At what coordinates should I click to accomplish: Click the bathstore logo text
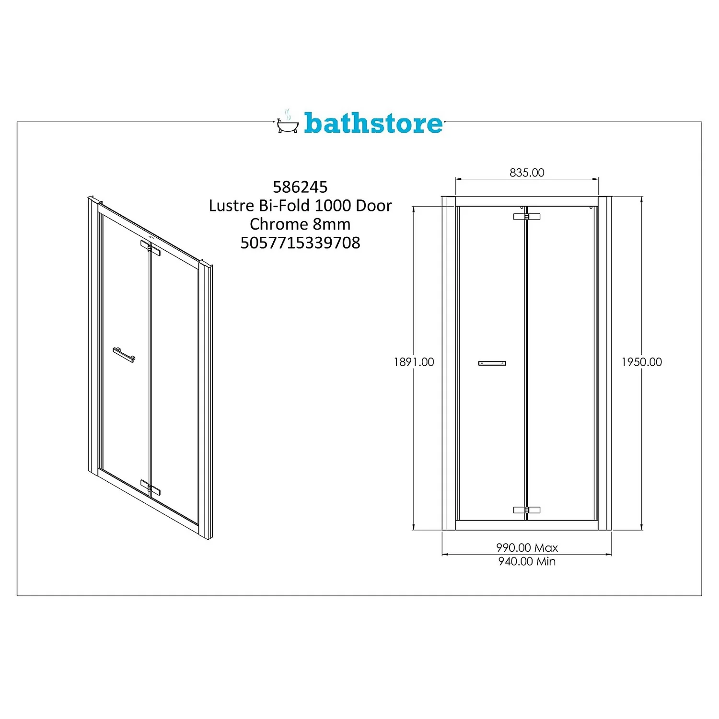[373, 123]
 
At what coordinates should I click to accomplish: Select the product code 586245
[300, 187]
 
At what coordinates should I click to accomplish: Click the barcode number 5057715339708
[300, 243]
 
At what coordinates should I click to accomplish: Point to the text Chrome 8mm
[300, 224]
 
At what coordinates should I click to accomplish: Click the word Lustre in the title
[232, 206]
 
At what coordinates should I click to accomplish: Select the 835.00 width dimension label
[527, 173]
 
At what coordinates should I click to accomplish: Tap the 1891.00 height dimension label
[414, 362]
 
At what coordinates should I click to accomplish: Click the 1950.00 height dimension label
[641, 362]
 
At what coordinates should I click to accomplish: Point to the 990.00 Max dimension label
[527, 547]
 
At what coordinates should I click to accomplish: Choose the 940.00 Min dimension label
[527, 561]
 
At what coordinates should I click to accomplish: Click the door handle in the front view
[492, 363]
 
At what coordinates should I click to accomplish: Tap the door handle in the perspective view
[124, 355]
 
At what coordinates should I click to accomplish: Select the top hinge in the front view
[526, 217]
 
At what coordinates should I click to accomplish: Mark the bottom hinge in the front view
[526, 510]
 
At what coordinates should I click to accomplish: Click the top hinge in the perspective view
[150, 248]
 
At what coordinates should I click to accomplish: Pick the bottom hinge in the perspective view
[150, 487]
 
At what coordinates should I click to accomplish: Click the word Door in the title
[374, 206]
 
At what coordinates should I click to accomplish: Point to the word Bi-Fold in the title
[284, 206]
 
